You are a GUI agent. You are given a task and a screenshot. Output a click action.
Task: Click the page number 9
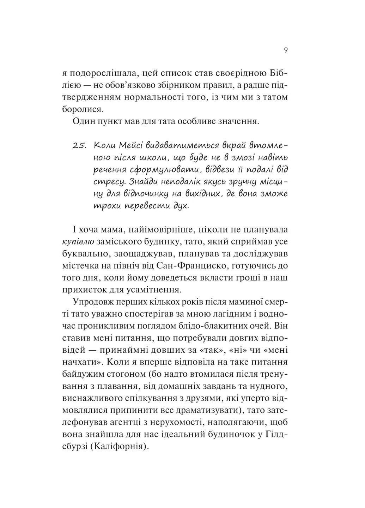286,50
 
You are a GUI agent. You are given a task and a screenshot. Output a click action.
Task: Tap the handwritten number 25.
79,146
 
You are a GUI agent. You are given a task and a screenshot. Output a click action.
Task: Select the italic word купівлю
78,242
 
